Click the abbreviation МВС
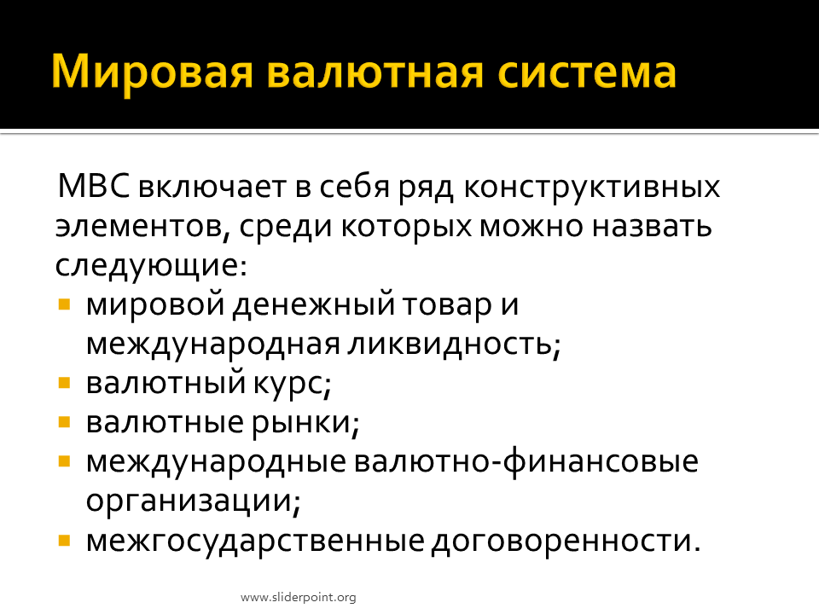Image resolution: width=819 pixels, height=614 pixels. point(94,185)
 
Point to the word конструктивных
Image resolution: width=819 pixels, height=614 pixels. point(591,187)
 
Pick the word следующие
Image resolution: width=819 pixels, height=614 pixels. point(151,266)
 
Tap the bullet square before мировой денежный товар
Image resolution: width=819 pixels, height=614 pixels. point(64,304)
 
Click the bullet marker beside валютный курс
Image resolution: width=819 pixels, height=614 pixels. point(64,383)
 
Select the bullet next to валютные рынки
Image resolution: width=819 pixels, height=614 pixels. point(64,422)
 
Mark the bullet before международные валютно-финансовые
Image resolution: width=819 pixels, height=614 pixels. point(64,461)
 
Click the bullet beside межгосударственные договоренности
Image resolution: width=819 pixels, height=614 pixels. point(64,540)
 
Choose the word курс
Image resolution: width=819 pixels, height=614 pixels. point(293,385)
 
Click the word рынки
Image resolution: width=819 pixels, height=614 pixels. point(305,423)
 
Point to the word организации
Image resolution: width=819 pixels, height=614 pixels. point(194,501)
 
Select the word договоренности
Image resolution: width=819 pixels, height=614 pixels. point(566,541)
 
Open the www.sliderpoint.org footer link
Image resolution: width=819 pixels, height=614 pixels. point(299,597)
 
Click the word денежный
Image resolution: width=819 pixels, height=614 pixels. point(313,305)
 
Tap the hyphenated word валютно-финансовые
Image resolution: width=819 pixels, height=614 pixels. point(526,461)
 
